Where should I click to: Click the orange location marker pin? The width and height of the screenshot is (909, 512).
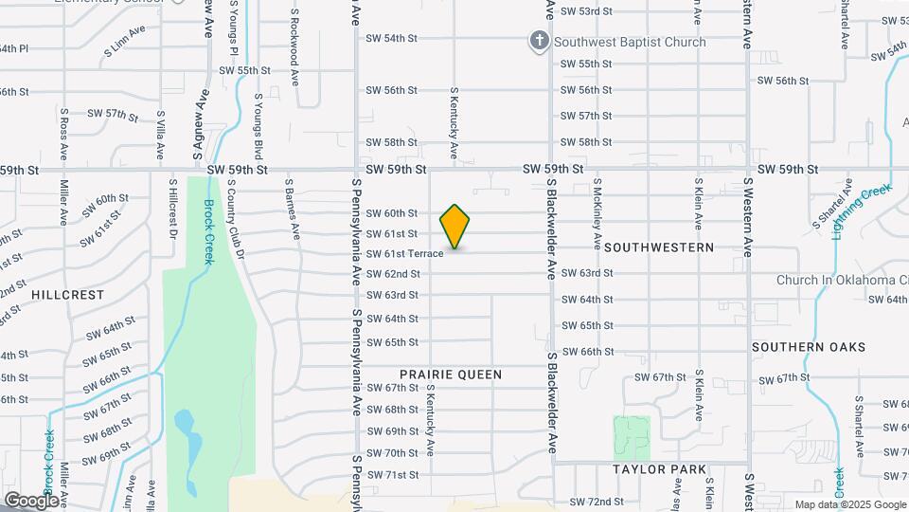pos(454,227)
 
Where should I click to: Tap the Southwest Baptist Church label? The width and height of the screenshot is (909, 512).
pos(630,42)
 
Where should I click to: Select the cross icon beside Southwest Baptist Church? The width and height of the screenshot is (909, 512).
pos(539,41)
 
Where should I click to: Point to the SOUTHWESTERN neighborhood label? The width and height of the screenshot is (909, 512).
pos(658,247)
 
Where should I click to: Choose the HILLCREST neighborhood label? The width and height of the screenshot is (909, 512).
pos(67,295)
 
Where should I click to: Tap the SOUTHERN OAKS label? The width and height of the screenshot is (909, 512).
pos(809,347)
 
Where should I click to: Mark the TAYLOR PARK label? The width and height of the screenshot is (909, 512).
pos(659,469)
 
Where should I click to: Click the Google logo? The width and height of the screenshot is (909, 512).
pos(31,500)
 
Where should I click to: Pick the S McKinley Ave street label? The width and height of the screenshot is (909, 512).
pos(597,213)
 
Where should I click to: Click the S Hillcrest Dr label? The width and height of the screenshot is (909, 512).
pos(173,205)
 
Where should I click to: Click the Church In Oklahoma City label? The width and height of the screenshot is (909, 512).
pos(842,280)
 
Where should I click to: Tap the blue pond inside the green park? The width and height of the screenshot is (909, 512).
pos(188,436)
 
